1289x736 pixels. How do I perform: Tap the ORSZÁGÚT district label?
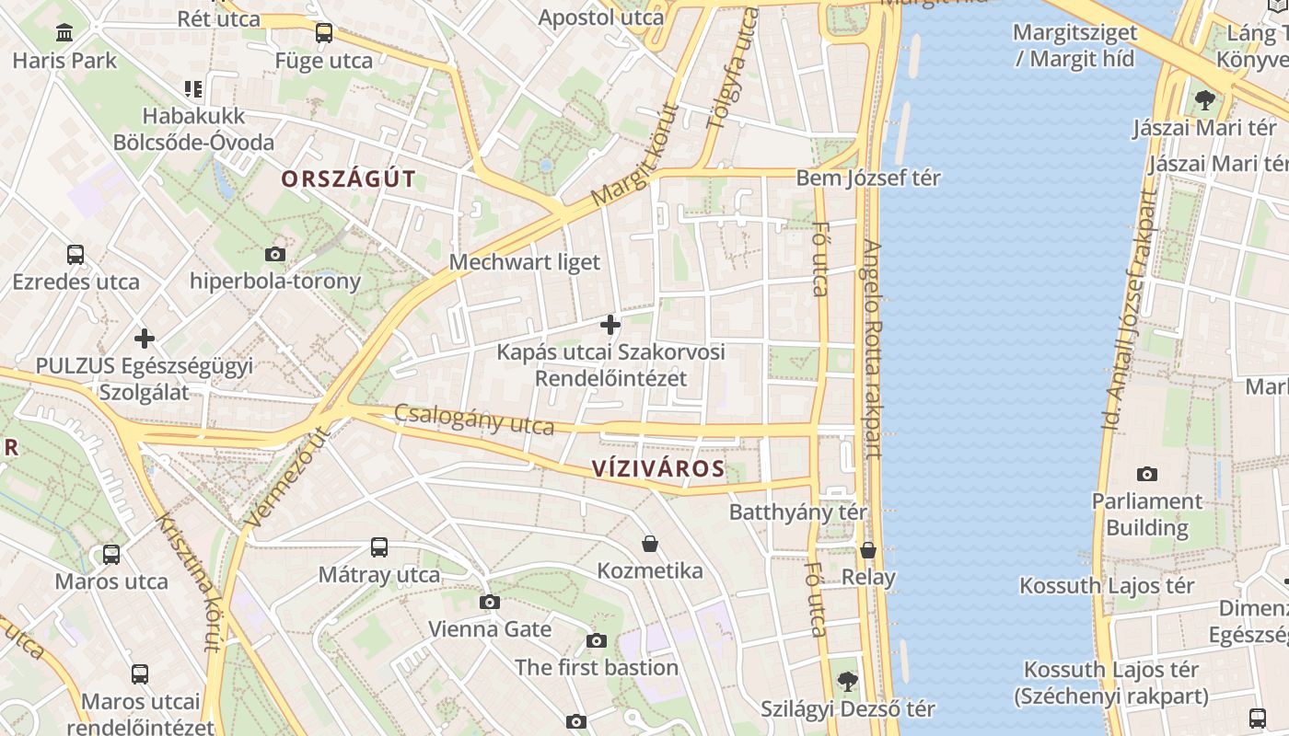tap(349, 179)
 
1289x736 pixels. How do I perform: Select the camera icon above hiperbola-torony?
tap(274, 254)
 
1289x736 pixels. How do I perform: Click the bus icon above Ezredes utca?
tap(75, 255)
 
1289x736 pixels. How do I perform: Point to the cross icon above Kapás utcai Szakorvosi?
tap(610, 325)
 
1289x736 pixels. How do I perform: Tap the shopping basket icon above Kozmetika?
tap(650, 544)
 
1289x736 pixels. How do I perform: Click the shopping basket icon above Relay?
tap(868, 550)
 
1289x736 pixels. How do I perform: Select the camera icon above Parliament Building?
tap(1146, 474)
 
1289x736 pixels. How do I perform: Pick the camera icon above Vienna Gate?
tap(490, 603)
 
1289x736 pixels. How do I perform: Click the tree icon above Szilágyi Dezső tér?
tap(847, 682)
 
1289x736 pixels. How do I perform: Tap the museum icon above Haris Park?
tap(64, 34)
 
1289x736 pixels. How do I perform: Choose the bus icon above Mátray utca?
tap(378, 547)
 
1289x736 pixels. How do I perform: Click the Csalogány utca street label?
tap(474, 420)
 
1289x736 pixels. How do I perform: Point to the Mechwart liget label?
tap(524, 262)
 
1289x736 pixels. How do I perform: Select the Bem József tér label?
tap(868, 178)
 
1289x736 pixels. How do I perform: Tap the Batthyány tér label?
tap(798, 512)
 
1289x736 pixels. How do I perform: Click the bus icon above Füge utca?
tap(323, 34)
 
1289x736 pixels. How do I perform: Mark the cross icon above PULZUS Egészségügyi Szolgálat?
tap(144, 338)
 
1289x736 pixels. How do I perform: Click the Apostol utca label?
tap(600, 17)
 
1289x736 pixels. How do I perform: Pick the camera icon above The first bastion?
tap(597, 640)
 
